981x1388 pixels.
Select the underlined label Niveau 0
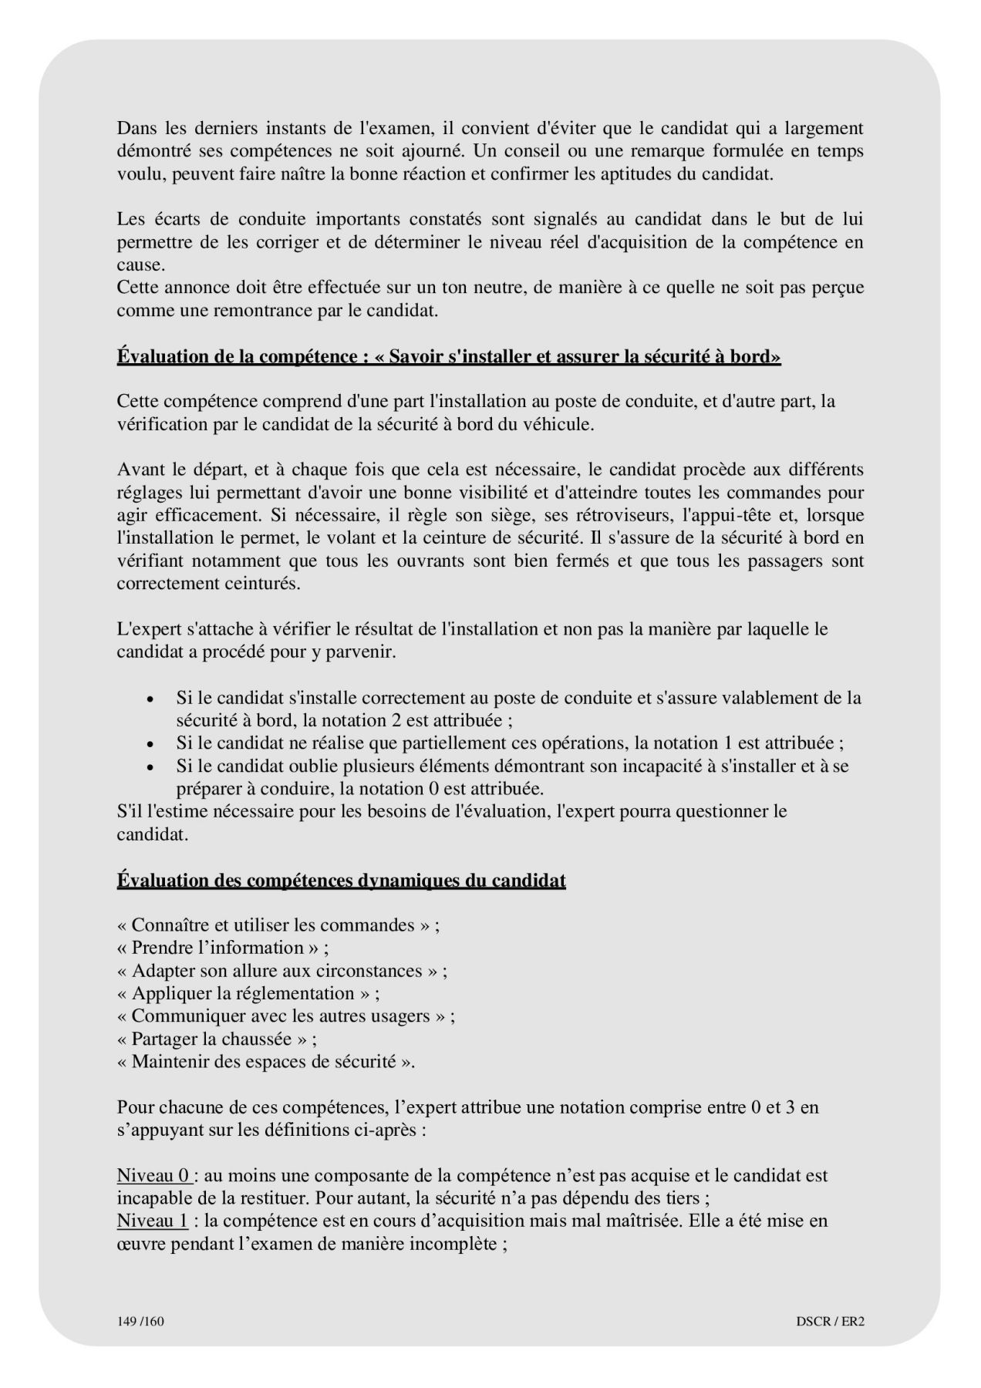pos(153,1176)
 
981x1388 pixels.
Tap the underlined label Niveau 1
pos(153,1221)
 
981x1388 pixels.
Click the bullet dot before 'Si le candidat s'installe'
pos(151,699)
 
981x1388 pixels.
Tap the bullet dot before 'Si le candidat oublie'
pos(151,767)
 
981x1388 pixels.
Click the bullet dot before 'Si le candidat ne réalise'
pos(151,744)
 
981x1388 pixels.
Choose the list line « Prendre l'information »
pos(223,948)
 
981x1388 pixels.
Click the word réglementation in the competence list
pos(300,993)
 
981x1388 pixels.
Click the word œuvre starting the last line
pos(139,1244)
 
